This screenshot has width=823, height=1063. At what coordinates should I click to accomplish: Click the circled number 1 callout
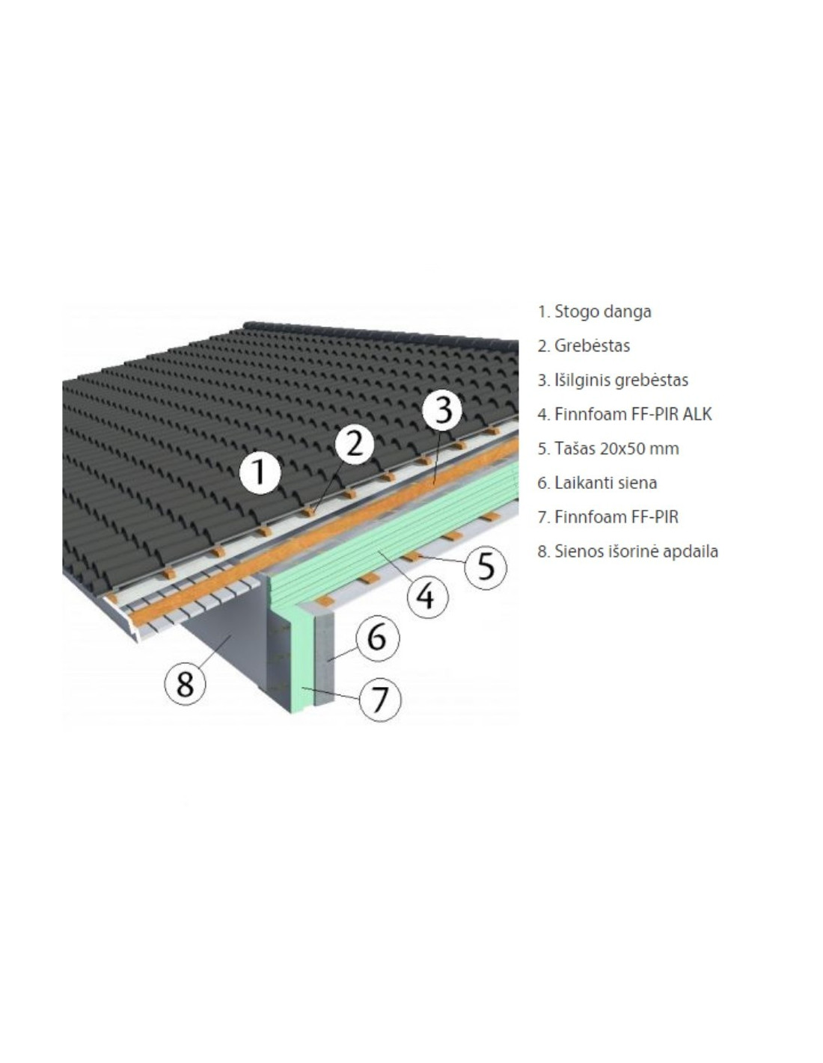tap(260, 473)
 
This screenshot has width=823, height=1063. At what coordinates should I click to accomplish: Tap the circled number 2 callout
tap(355, 445)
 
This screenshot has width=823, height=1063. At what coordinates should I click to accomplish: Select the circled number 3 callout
tap(442, 410)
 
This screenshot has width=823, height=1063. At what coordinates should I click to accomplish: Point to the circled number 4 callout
tap(428, 597)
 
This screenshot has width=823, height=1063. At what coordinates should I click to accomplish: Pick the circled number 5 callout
tap(486, 566)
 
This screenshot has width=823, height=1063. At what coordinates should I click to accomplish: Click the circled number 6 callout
tap(377, 638)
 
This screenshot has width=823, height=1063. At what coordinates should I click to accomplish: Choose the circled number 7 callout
tap(379, 700)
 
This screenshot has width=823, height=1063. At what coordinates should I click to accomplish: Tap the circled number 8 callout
tap(185, 683)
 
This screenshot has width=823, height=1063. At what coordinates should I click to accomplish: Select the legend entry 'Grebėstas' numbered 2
tap(583, 346)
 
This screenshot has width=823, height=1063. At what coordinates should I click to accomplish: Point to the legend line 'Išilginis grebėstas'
tap(613, 380)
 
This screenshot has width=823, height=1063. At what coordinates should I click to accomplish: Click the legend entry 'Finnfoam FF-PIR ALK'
tap(624, 414)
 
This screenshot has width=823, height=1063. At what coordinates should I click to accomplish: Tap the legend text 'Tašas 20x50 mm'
tap(608, 449)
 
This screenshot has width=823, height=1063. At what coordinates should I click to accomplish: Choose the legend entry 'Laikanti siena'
tap(597, 483)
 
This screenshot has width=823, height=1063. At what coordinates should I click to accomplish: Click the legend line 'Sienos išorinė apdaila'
tap(628, 552)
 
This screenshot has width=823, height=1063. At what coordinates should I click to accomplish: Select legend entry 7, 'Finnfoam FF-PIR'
tap(608, 517)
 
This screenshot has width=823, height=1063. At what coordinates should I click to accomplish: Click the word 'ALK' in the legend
tap(697, 414)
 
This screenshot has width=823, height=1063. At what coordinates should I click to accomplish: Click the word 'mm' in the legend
tap(668, 449)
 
